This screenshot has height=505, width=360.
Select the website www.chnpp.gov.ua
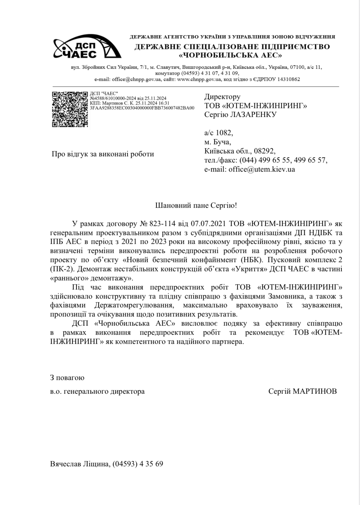pos(200,79)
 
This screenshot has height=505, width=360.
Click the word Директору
pos(222,97)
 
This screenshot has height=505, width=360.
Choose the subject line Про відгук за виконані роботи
pos(103,154)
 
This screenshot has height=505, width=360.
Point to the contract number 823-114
pos(162,224)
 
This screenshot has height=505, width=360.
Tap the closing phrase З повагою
pos(67,378)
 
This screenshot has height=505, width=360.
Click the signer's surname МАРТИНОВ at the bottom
pos(315,391)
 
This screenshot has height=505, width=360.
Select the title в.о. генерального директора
pos(97,391)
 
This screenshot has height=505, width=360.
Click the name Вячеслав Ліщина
pos(80,464)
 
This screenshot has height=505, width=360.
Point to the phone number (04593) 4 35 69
pos(138,464)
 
